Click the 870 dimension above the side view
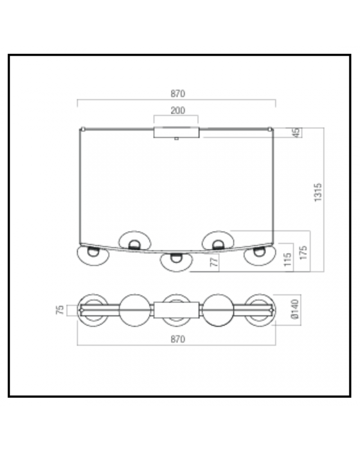pos(178,94)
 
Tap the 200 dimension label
pos(178,111)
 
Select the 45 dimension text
pos(296,133)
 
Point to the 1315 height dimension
pos(318,192)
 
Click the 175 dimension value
pos(303,252)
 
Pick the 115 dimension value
pos(287,259)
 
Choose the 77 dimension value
pos(214,262)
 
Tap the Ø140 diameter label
pos(295,309)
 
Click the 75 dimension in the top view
pos(60,310)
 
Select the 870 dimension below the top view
pos(178,339)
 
